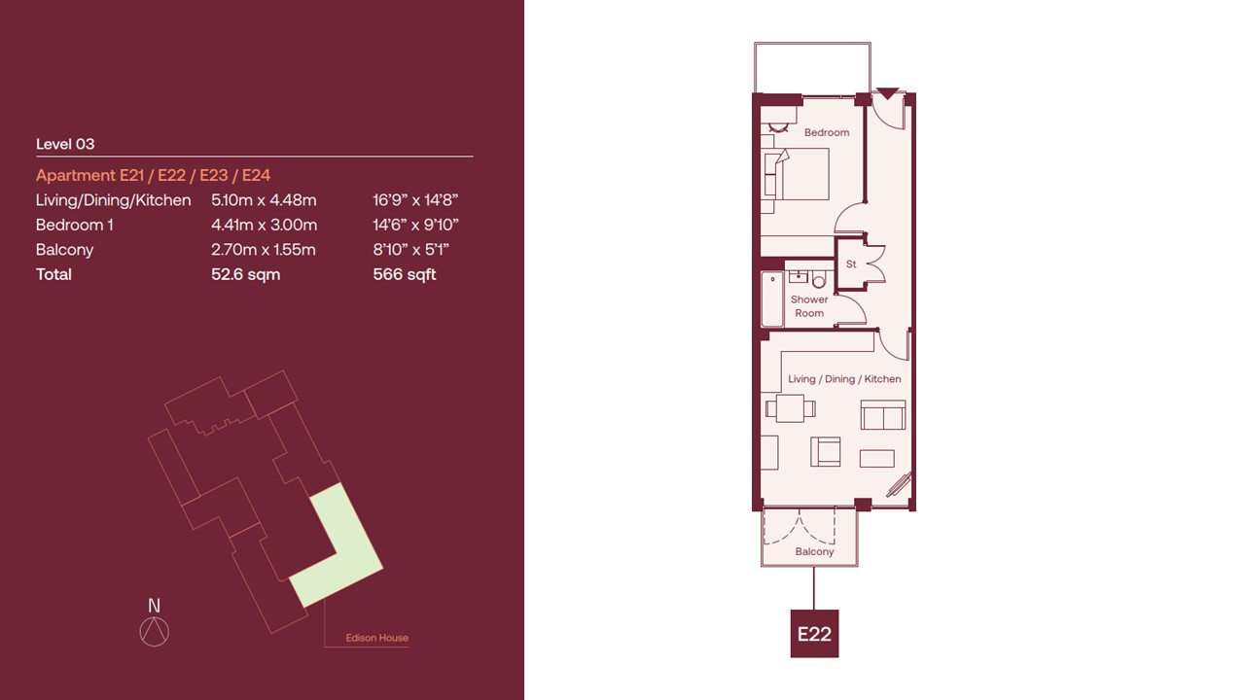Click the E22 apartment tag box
point(814,633)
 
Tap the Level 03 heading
point(65,144)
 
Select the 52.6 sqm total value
point(246,274)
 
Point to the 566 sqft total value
point(404,274)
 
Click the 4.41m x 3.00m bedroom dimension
point(264,225)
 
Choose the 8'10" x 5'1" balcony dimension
point(410,250)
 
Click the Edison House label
point(376,638)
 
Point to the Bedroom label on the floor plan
point(827,133)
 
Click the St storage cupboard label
point(851,264)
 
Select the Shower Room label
point(809,306)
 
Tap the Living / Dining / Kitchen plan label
point(844,379)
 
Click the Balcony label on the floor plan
point(814,551)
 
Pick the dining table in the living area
point(791,408)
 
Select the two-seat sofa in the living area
point(882,415)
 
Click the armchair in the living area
point(826,452)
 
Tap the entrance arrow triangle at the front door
point(888,93)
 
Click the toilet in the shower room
point(819,279)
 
